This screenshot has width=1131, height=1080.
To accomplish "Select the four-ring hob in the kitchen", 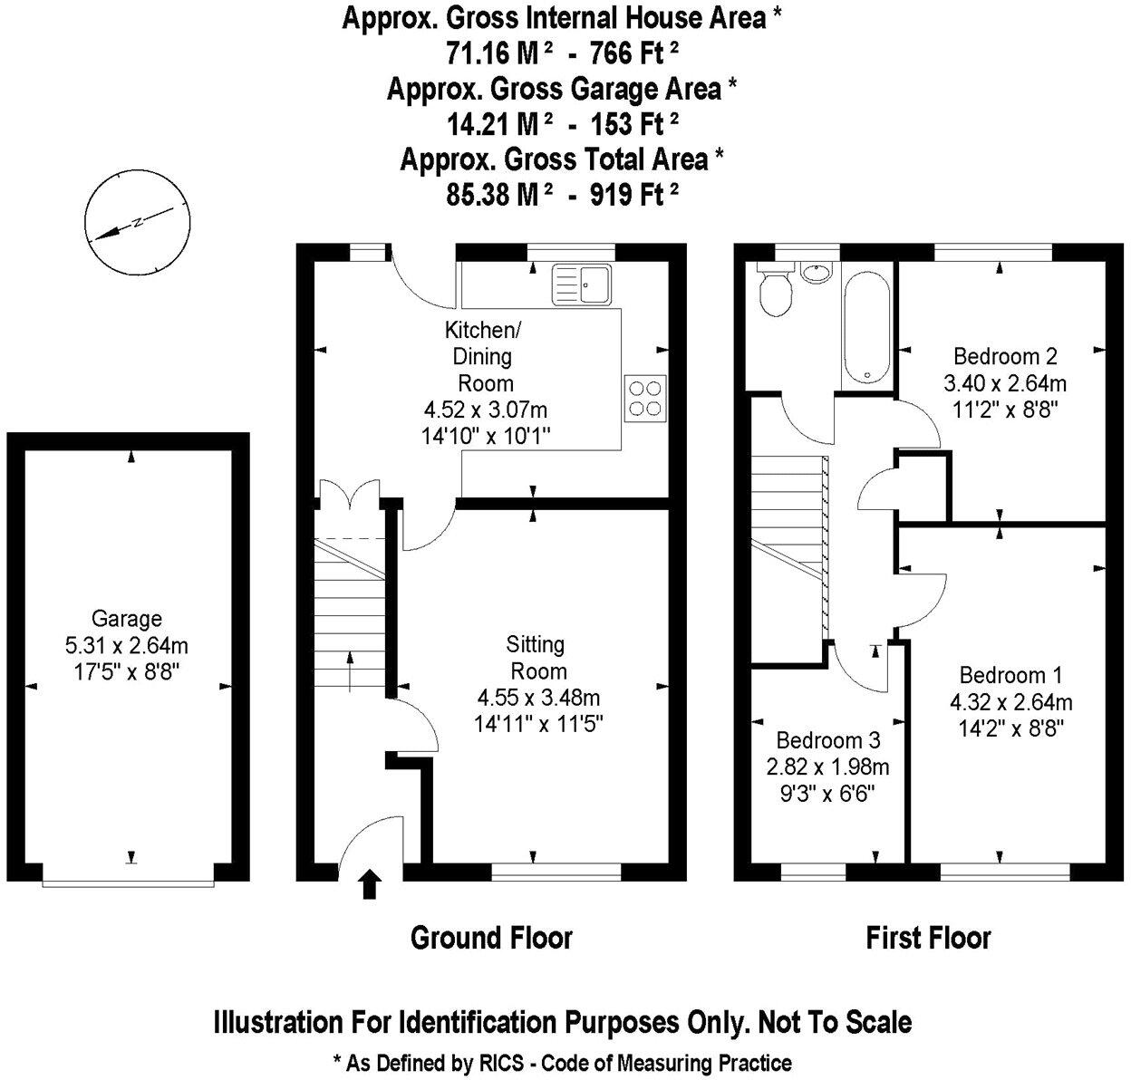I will point(644,398).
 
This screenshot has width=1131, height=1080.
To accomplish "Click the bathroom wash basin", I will point(818,273).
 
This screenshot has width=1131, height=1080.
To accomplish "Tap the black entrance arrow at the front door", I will point(369,884).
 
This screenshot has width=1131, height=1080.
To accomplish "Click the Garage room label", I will point(127,619).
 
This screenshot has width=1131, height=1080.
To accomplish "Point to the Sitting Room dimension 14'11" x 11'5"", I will point(538,725).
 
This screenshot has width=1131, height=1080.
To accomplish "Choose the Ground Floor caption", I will point(491,937).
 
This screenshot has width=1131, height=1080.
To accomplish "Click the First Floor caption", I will point(928,937).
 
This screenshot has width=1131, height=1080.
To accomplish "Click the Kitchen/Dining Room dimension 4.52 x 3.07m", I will point(485,410).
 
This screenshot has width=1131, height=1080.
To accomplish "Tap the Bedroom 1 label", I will point(1010,675).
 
